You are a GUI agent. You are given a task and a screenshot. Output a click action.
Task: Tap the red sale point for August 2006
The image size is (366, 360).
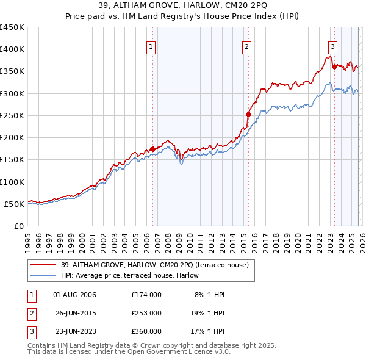coord(152,149)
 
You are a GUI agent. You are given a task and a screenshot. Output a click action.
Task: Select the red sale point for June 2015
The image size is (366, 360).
coord(248,114)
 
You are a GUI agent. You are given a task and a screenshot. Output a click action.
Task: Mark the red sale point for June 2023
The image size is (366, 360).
coord(334,67)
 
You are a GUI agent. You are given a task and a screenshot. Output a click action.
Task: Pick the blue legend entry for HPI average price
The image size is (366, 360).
coord(134,276)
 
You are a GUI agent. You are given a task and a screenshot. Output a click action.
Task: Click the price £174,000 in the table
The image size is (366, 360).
coord(146,295)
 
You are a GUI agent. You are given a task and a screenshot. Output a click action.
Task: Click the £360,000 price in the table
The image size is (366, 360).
coord(146,331)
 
